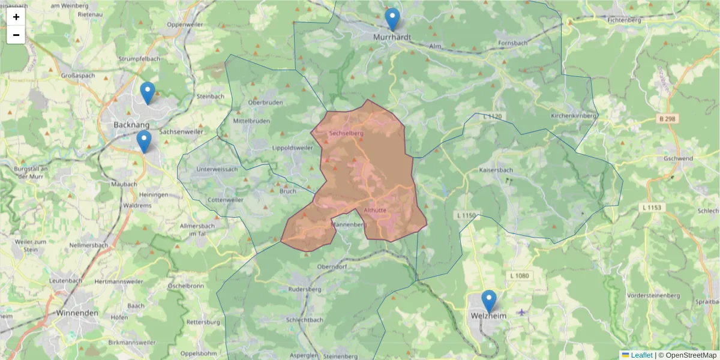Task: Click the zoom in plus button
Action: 16,17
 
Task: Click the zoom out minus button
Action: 16,35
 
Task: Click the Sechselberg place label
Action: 347,132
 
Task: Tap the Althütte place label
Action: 375,211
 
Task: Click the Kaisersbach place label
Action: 496,170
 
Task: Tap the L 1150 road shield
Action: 466,215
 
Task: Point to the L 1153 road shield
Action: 651,208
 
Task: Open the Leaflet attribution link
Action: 641,355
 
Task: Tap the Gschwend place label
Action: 678,158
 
